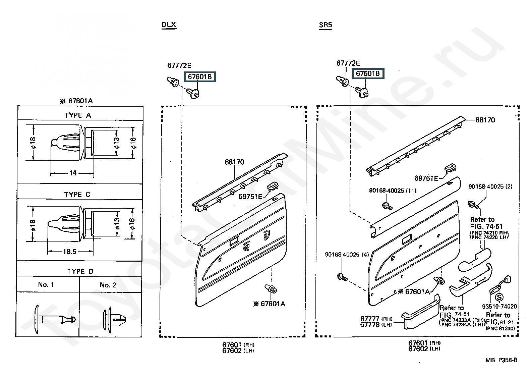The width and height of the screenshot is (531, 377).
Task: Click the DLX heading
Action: tap(169, 25)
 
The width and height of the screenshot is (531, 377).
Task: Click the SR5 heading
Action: tap(326, 25)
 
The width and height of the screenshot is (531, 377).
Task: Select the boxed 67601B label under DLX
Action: tap(200, 77)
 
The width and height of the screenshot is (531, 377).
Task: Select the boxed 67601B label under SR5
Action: tap(368, 73)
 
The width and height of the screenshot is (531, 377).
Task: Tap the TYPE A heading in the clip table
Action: tap(77, 115)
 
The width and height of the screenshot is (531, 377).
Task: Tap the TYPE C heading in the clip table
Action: tap(77, 194)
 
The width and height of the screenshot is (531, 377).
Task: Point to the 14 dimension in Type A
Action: tap(73, 173)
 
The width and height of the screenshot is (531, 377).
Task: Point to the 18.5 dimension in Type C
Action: tap(69, 251)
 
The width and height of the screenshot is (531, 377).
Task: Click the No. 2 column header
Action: tap(108, 285)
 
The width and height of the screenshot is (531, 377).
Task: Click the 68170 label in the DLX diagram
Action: tap(234, 162)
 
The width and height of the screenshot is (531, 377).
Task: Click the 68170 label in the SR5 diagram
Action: tap(485, 120)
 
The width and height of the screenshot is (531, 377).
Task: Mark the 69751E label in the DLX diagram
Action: tap(250, 196)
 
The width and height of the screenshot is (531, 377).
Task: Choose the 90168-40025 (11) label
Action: tap(393, 191)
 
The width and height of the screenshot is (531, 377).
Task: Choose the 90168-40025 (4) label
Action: tap(347, 255)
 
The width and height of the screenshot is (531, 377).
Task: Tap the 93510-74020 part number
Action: tap(499, 306)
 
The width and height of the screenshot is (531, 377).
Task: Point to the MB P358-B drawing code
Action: tap(501, 360)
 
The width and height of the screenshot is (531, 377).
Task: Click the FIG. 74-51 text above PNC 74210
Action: tap(486, 226)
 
